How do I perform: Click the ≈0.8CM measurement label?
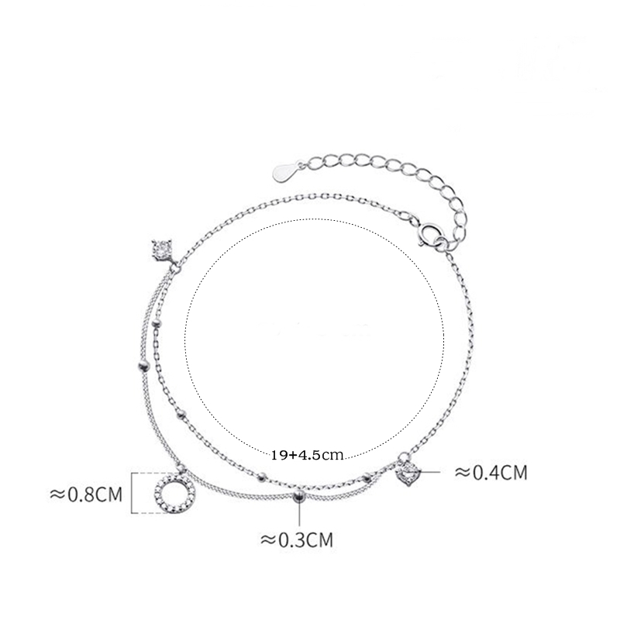tap(86, 494)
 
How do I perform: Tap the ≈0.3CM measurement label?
tap(297, 539)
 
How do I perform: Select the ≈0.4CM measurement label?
tap(491, 472)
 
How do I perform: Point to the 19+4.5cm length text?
tap(307, 455)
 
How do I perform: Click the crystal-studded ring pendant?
tap(176, 493)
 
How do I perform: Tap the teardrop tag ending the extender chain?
tap(284, 170)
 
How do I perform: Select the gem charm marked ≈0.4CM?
tap(408, 472)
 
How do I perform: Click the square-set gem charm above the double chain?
tap(161, 249)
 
